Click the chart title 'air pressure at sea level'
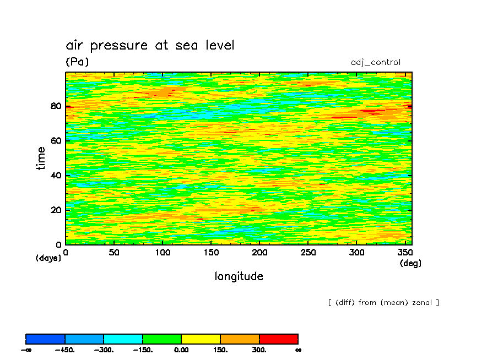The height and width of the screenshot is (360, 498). (x=150, y=45)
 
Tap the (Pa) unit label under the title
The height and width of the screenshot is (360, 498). (x=77, y=61)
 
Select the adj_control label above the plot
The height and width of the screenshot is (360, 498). (x=376, y=62)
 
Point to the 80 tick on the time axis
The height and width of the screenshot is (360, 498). (x=56, y=106)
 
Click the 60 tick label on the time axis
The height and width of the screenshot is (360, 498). (x=56, y=140)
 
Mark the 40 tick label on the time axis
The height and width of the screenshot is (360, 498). (x=56, y=175)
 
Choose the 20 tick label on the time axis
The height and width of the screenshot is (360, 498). (x=56, y=210)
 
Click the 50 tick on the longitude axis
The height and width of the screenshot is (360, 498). (x=114, y=252)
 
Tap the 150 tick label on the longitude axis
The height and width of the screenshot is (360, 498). (x=211, y=252)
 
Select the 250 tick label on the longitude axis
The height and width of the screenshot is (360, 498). (x=308, y=252)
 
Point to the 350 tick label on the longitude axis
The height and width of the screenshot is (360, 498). (x=405, y=252)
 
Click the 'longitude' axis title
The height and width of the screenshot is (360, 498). (x=239, y=276)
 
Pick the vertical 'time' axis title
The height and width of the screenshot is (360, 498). (x=41, y=158)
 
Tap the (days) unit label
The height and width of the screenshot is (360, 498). (x=48, y=258)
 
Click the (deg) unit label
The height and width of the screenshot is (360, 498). (x=410, y=263)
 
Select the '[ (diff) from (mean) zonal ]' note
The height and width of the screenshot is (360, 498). (x=383, y=303)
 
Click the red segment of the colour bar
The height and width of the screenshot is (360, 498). (x=279, y=339)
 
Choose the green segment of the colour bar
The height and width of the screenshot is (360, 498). (x=162, y=339)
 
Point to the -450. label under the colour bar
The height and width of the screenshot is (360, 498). (x=65, y=350)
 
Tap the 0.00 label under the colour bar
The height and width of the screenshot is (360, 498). (x=181, y=350)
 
